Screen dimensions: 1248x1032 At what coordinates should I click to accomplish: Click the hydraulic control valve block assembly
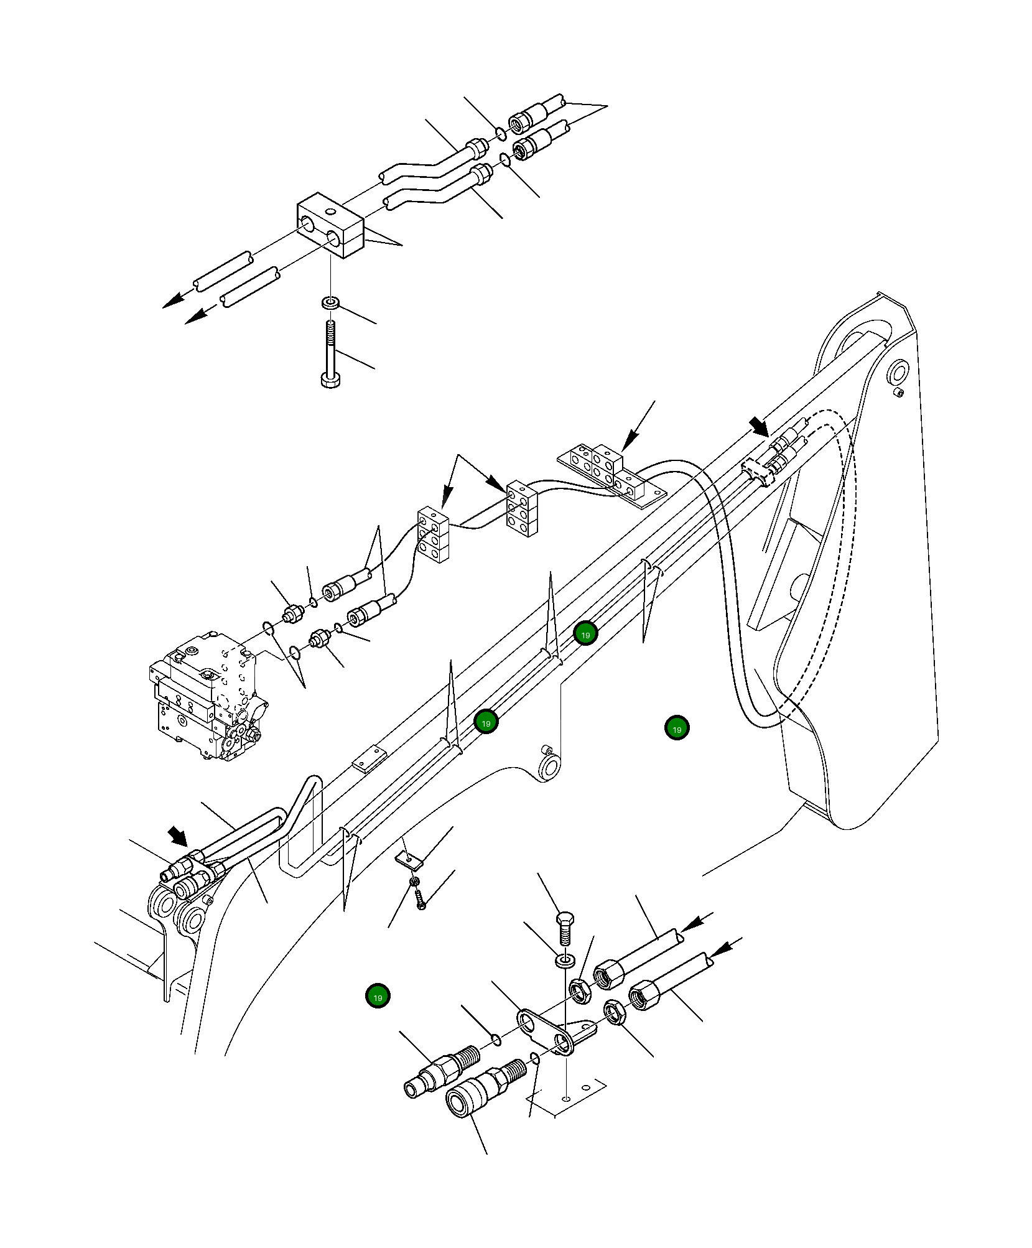point(205,700)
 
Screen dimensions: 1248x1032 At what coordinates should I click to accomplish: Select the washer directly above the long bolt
point(330,303)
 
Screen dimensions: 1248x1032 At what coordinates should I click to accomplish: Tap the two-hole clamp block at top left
point(330,225)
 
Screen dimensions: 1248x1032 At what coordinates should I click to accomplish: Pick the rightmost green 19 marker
point(677,728)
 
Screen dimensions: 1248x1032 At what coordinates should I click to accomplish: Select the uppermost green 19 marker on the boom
point(585,634)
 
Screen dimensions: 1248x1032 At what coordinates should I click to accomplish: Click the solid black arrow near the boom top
point(759,427)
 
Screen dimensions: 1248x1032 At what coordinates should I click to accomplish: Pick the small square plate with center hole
point(409,860)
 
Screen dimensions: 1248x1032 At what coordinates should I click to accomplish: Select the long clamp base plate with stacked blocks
point(613,475)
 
